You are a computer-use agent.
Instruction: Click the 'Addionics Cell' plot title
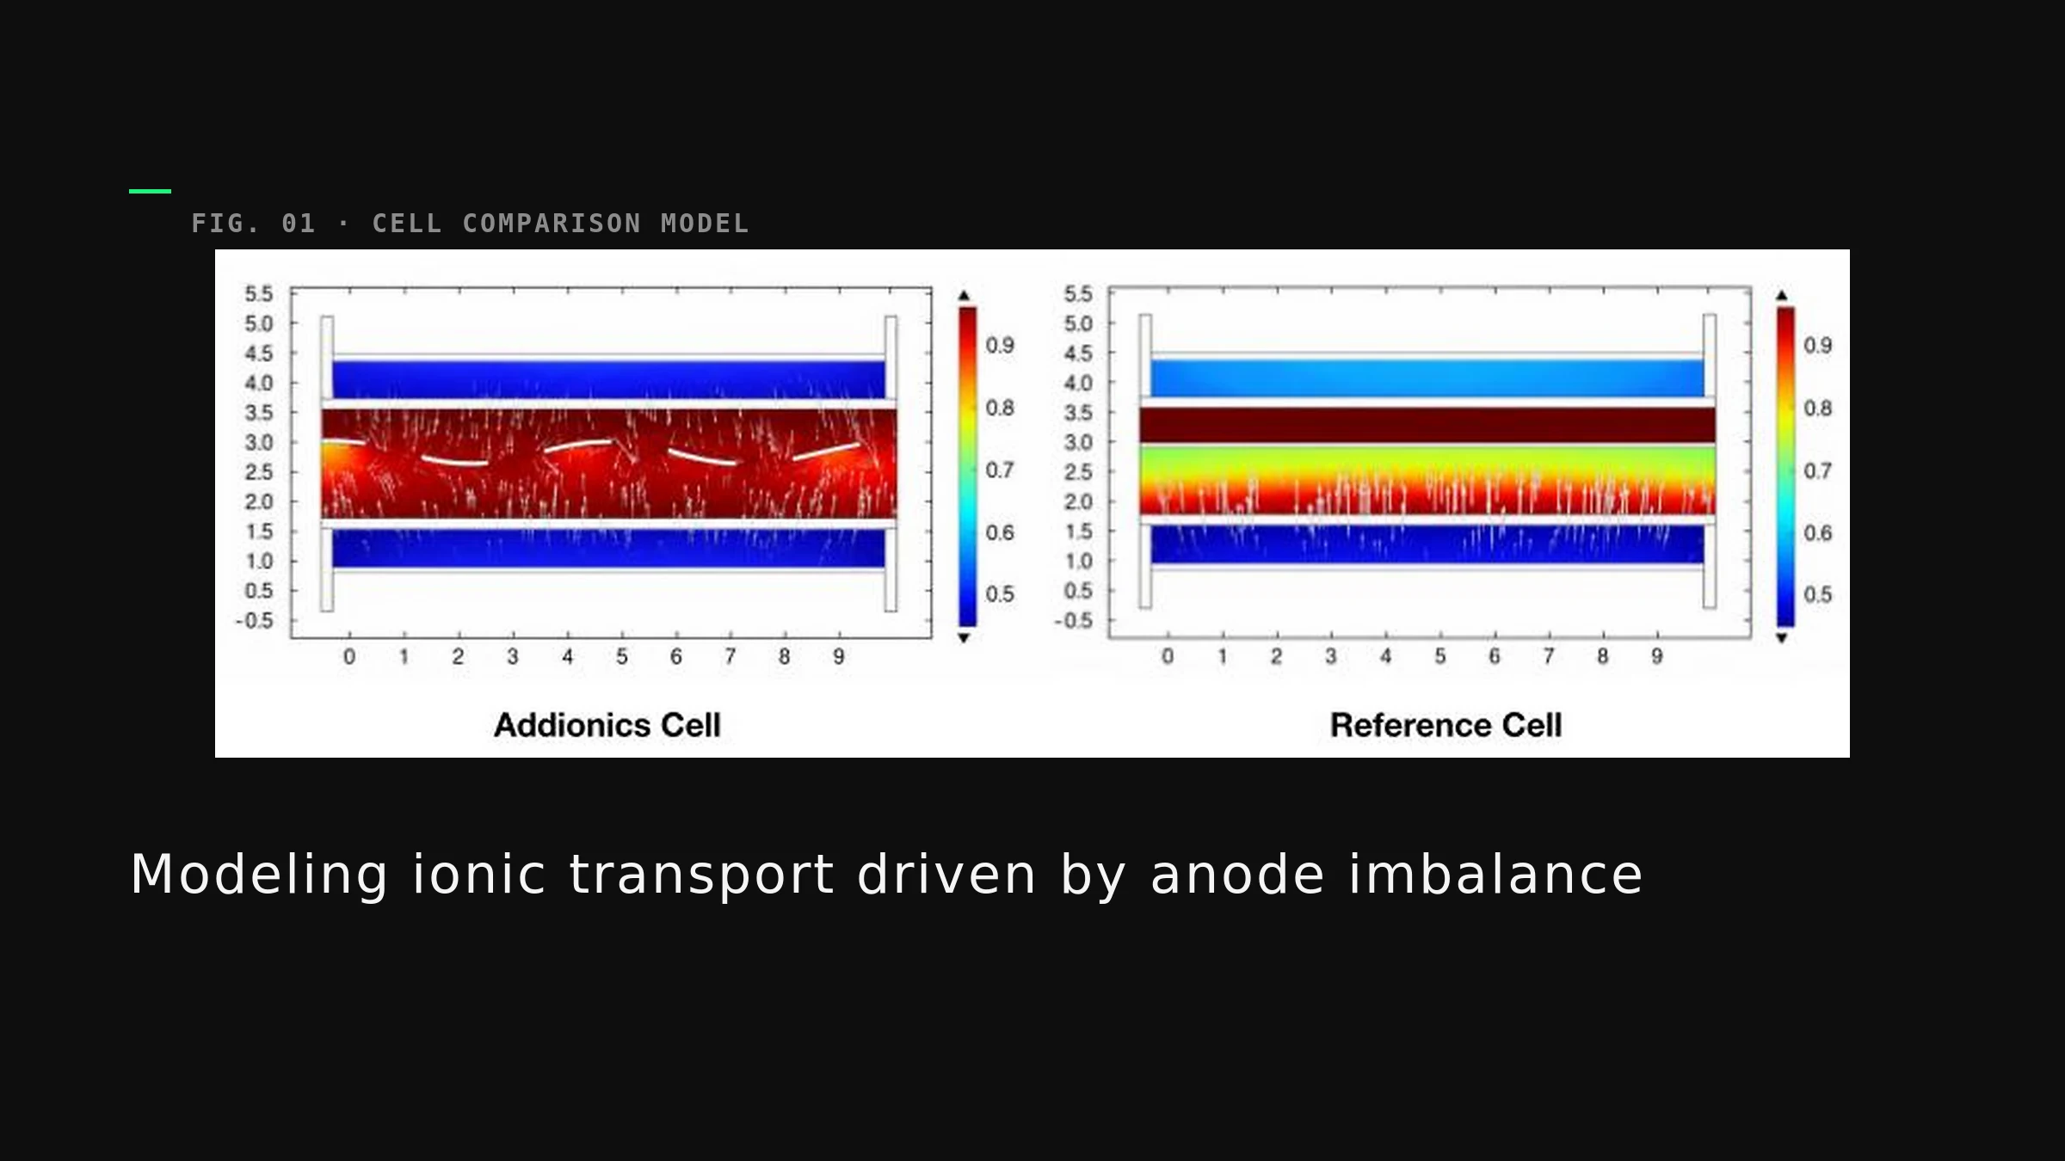coord(607,725)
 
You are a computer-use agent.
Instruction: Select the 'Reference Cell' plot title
coord(1445,725)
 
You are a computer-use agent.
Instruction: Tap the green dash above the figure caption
coord(150,191)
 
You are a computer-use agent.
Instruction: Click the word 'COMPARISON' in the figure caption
coord(552,224)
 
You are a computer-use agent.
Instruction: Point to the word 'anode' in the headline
coord(1237,875)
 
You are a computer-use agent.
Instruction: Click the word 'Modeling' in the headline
coord(259,876)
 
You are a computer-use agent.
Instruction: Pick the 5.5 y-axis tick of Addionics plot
coord(258,294)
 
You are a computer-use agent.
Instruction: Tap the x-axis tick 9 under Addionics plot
coord(839,657)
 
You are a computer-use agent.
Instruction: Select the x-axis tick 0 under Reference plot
coord(1168,657)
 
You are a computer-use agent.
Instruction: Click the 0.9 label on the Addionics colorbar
coord(1000,345)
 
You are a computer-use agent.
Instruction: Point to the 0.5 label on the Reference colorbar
coord(1818,594)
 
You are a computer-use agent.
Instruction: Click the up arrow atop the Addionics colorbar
coord(965,295)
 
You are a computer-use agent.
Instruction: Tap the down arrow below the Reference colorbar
coord(1782,638)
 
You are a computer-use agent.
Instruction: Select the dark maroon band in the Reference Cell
coord(1427,425)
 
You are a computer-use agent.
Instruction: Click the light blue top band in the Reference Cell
coord(1427,378)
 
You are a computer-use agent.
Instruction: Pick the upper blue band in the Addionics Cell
coord(608,379)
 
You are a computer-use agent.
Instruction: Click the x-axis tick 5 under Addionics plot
coord(622,657)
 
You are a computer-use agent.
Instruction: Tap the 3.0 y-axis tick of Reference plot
coord(1078,442)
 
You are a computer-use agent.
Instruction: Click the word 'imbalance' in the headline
coord(1495,875)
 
